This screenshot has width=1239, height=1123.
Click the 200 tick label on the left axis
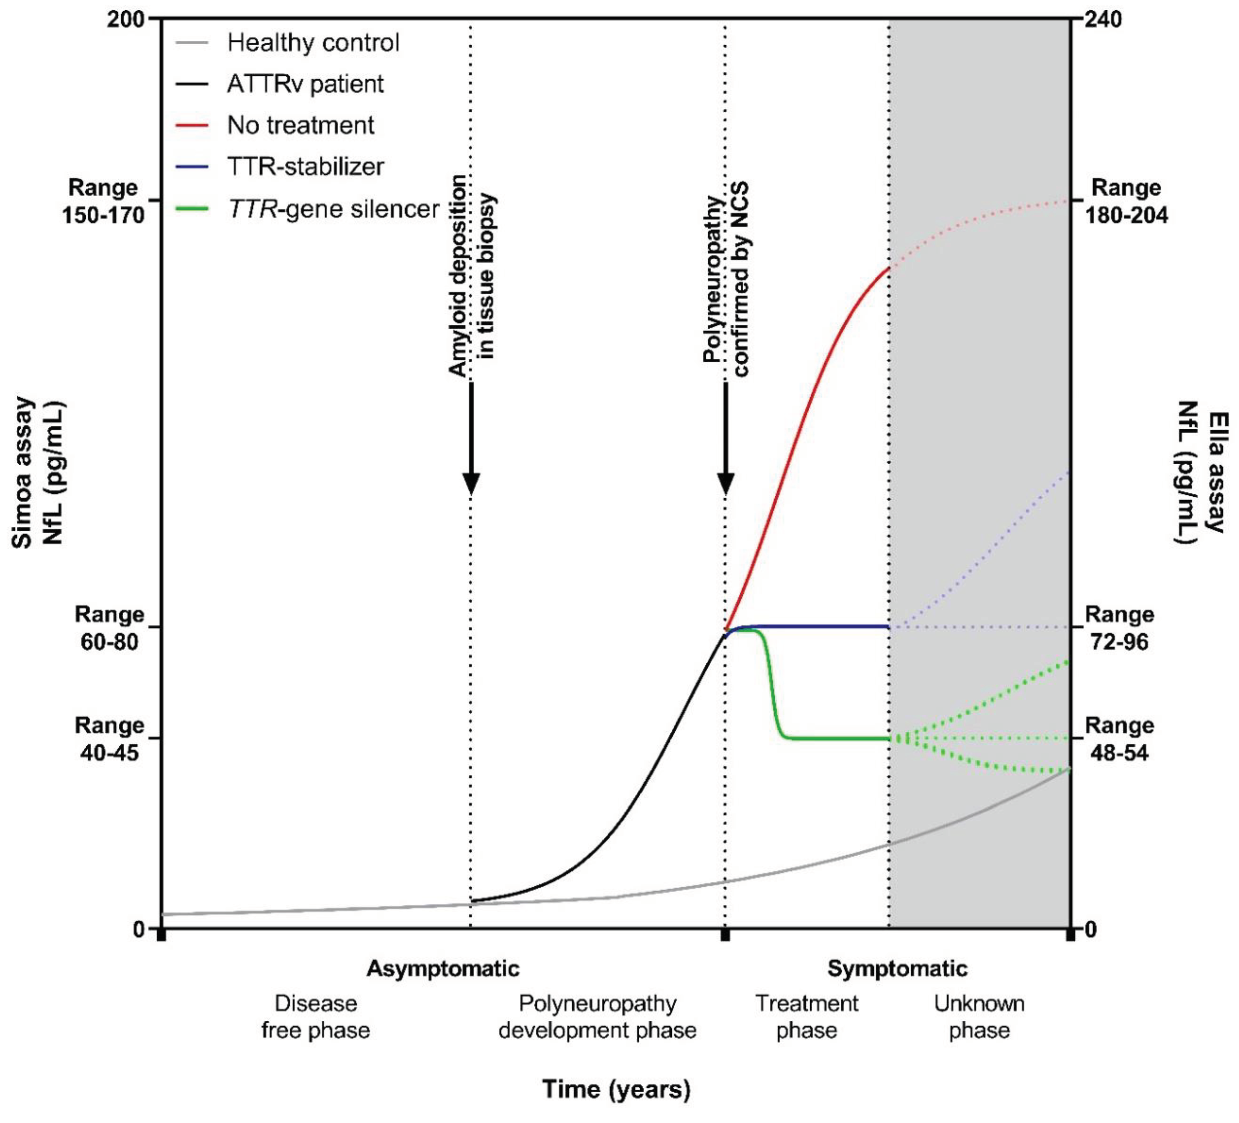tap(126, 20)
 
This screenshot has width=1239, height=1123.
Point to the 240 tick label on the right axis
tap(1103, 20)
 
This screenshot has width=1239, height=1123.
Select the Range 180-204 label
tap(1126, 201)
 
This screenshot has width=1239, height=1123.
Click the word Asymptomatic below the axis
tap(443, 969)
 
